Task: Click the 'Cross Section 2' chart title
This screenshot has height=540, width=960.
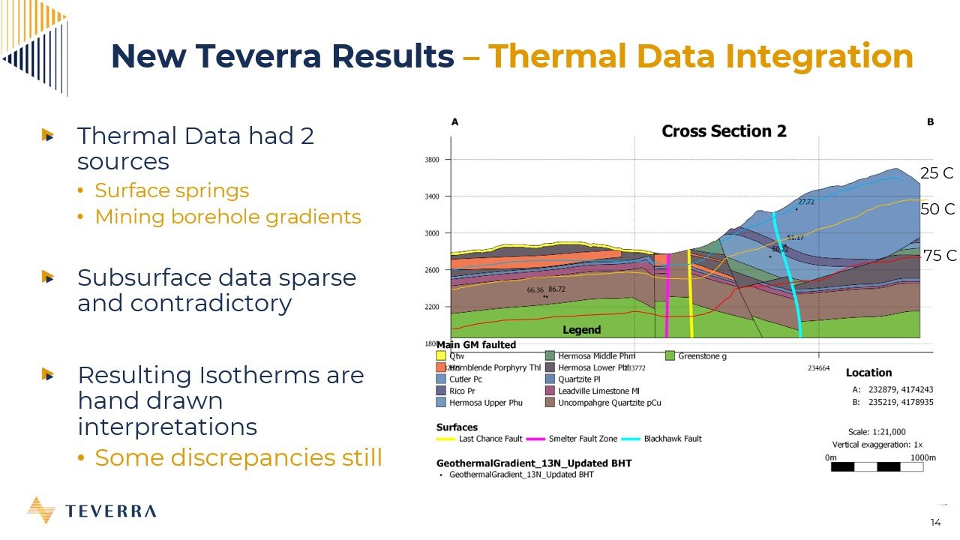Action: tap(724, 132)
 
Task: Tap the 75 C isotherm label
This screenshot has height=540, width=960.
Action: tap(940, 256)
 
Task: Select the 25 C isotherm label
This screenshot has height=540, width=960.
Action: tap(937, 173)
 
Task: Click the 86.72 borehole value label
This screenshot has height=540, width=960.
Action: tap(556, 289)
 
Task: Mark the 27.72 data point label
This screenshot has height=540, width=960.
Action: tap(806, 202)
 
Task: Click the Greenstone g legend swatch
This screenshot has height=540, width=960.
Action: tap(670, 356)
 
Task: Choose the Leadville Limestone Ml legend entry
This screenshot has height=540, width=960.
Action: tap(598, 391)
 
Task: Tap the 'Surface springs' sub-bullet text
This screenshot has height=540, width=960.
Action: tap(172, 190)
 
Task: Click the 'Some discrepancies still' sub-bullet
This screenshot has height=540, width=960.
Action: tap(238, 457)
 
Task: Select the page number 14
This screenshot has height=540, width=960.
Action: tap(935, 523)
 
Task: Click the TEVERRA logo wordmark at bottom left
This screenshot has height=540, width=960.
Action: tap(111, 511)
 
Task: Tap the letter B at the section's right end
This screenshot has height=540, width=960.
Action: tap(930, 122)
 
